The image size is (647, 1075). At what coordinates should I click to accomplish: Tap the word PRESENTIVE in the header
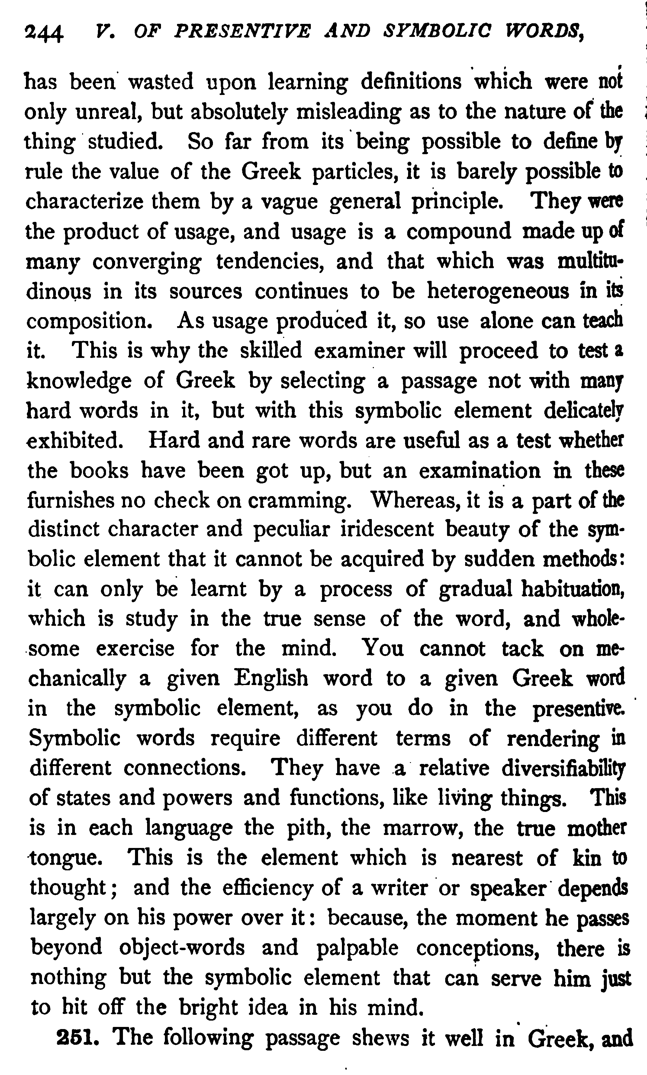point(242,31)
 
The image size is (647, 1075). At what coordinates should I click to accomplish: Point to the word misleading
point(348,112)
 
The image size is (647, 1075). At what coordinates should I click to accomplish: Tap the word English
point(271,679)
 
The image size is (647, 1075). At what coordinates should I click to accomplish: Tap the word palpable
point(358,948)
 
